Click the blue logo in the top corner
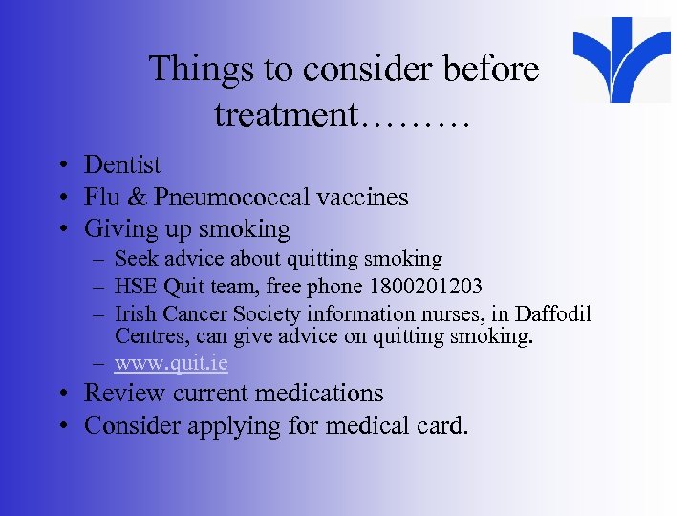[x=621, y=59]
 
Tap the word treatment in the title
[x=284, y=116]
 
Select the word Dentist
[x=122, y=165]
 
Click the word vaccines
[x=363, y=198]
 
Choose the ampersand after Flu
[x=136, y=198]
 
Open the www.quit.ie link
[x=171, y=363]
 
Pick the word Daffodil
[x=557, y=313]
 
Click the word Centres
[x=146, y=336]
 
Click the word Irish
[x=136, y=313]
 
